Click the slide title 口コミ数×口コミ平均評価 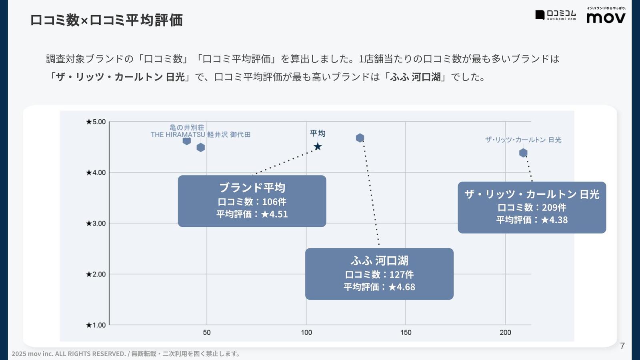tap(106, 20)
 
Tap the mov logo tap(606, 18)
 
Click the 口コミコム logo tap(556, 15)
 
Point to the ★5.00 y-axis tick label tap(96, 122)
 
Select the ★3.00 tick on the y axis tap(96, 223)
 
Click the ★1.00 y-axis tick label tap(96, 325)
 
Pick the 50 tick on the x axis tap(206, 332)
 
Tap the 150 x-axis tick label tap(406, 332)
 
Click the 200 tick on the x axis tap(505, 332)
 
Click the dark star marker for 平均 tap(318, 147)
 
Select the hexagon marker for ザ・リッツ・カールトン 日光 tap(523, 153)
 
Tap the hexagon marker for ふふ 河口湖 tap(360, 138)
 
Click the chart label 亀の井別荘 tap(187, 128)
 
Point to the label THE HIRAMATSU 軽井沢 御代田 tap(200, 135)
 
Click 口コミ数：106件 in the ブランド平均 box tap(252, 202)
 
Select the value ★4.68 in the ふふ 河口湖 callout tap(402, 287)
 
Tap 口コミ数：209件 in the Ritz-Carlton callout tap(532, 207)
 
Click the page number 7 tap(622, 346)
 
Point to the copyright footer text tap(126, 354)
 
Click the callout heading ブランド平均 tap(252, 188)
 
